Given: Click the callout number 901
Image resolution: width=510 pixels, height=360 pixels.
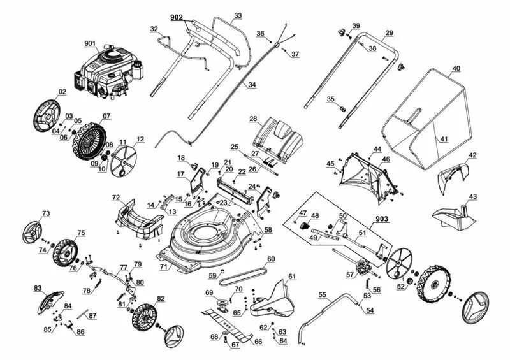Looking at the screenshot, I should click(90, 44).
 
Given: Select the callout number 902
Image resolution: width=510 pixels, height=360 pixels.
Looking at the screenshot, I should click(177, 17).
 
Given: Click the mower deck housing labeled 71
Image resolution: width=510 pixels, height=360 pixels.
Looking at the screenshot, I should click(204, 239).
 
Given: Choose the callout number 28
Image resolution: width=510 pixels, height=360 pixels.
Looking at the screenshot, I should click(253, 119).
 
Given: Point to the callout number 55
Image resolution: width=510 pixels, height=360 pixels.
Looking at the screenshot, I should click(323, 294).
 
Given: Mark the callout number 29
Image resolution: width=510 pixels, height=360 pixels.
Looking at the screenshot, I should click(389, 32).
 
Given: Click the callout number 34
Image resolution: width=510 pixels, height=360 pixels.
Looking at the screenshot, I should click(252, 84).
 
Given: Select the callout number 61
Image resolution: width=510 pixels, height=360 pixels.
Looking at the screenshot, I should click(292, 276).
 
